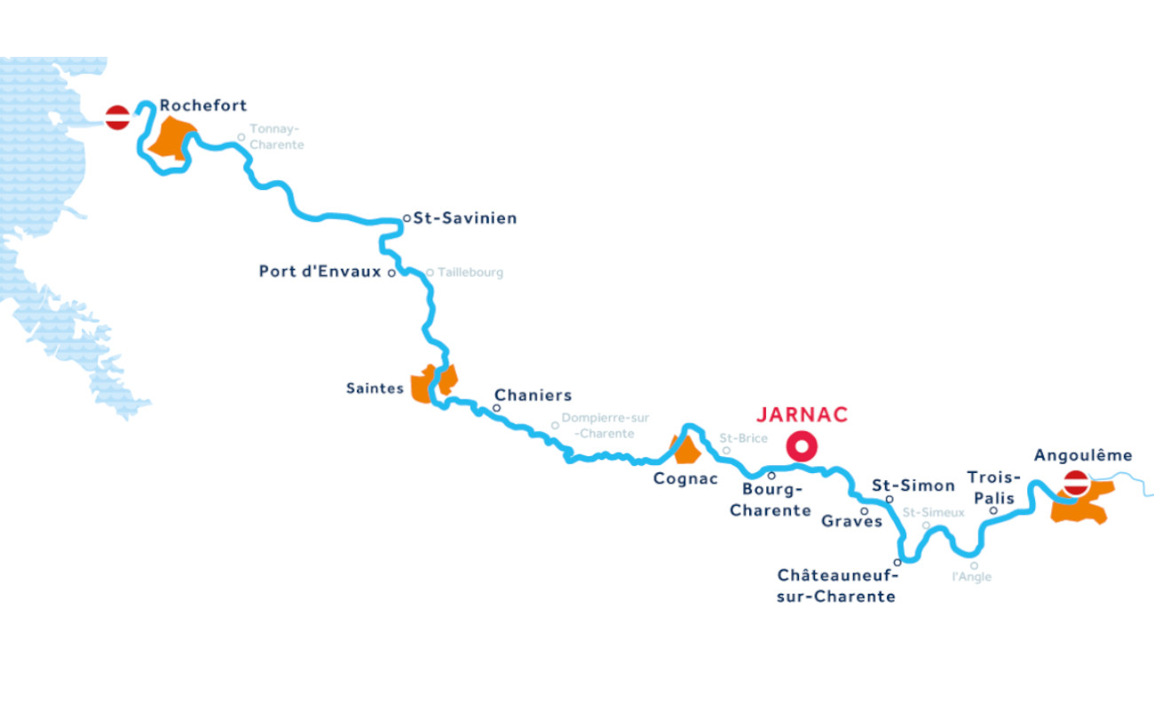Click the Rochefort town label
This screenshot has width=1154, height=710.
(203, 106)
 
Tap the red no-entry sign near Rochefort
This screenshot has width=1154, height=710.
(118, 116)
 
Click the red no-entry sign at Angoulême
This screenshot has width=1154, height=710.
(1077, 483)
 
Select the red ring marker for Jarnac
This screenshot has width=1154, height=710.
(802, 446)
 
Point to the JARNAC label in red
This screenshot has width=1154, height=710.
(802, 414)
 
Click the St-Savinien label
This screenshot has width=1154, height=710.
(465, 217)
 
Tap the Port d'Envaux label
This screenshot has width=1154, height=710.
(320, 272)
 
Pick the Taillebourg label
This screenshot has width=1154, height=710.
(470, 272)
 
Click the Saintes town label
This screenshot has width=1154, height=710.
(375, 389)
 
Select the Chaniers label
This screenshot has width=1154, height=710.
(533, 395)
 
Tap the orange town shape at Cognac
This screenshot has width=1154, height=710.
(685, 451)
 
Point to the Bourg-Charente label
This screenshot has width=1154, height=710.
(771, 500)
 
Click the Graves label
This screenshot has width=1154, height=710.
(851, 521)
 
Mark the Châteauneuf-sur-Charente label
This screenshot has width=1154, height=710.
(836, 587)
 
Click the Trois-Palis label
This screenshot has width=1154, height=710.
(992, 487)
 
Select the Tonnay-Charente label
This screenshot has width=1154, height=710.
(276, 137)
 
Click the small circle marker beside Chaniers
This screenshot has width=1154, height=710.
(496, 408)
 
